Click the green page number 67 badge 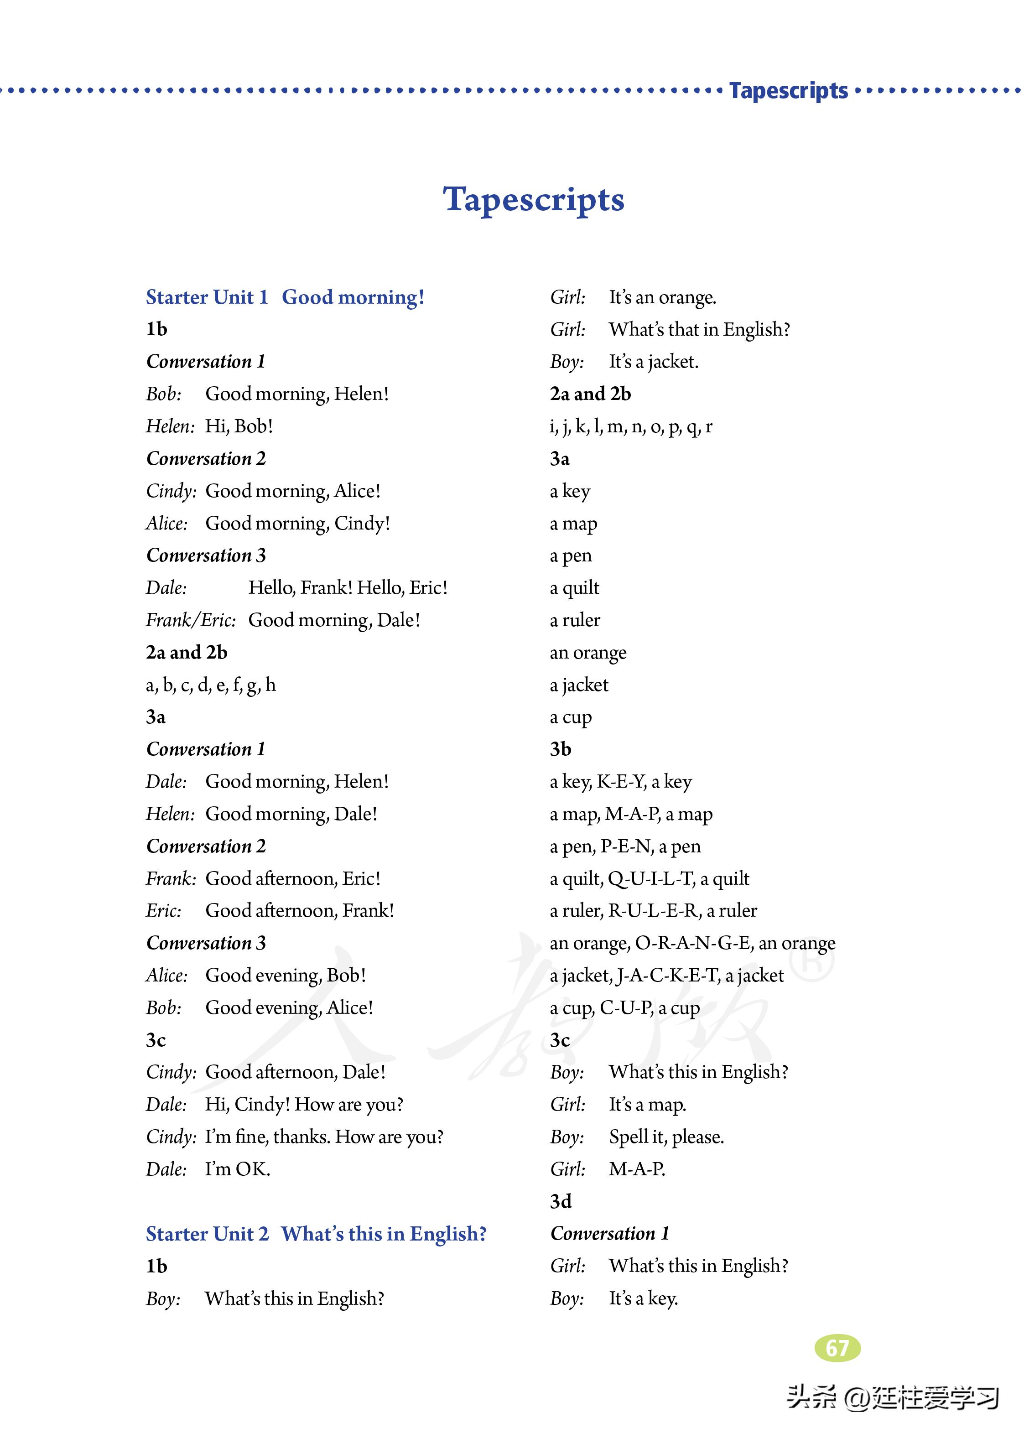(x=837, y=1348)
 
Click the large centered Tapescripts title (x=534, y=200)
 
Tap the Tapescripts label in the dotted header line (x=788, y=91)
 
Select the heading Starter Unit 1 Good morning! (x=285, y=297)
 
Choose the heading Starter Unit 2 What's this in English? (x=316, y=1234)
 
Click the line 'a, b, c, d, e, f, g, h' (x=211, y=684)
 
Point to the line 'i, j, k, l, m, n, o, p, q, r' (x=630, y=426)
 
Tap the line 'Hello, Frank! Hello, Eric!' (x=348, y=587)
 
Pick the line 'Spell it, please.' (x=666, y=1137)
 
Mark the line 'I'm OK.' (x=237, y=1169)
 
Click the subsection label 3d (x=560, y=1201)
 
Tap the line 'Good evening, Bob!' (x=285, y=975)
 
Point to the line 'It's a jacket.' (x=653, y=361)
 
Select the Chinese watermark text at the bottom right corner (x=892, y=1397)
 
